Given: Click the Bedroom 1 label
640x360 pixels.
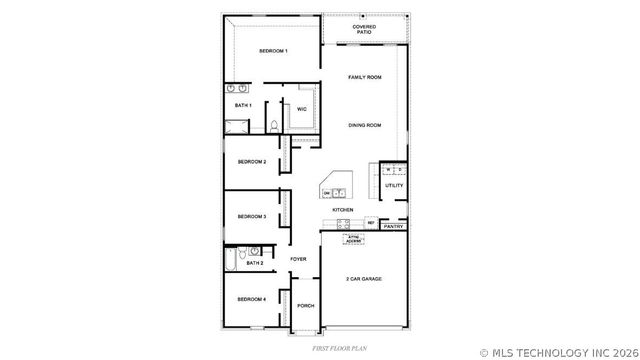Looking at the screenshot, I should point(273,51).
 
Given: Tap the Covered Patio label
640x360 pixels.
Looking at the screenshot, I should point(365,30).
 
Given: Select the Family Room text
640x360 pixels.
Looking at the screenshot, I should point(365,77).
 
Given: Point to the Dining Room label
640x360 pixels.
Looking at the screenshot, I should point(365,125).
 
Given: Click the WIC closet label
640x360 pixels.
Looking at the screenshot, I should point(301,109).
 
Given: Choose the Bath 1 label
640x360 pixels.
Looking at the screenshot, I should point(243,105).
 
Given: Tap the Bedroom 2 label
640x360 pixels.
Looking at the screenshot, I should point(251,162).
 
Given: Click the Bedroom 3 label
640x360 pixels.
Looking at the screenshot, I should point(251,216).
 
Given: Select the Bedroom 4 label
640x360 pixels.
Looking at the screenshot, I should point(251,299).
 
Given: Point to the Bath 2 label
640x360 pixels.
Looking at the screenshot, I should point(255,263).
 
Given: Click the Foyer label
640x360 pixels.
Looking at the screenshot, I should point(298,260).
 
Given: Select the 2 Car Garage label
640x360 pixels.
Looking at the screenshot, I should point(364,279).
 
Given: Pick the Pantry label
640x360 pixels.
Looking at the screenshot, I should point(393,227).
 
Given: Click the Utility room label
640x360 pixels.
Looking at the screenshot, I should point(394,185).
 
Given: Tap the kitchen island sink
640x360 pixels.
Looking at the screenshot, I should point(339,193).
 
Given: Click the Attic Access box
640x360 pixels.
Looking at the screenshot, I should point(353,239).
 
